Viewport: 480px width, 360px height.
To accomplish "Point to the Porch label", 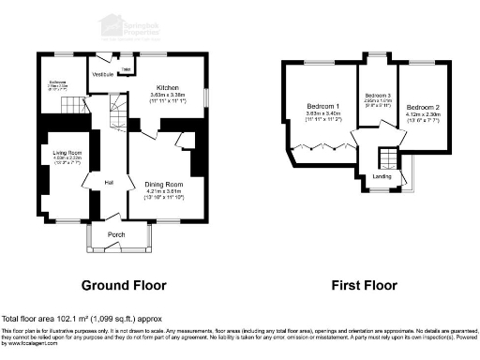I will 116,233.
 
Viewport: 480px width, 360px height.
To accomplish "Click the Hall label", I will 109,182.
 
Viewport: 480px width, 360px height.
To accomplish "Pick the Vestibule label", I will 102,73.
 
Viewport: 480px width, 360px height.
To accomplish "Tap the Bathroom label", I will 60,81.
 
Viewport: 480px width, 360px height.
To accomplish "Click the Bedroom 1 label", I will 322,107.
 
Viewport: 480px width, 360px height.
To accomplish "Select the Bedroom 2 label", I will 424,107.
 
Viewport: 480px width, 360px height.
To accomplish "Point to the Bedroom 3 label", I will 377,96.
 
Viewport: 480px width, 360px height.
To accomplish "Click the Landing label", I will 382,176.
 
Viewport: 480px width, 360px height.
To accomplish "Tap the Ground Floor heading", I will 124,285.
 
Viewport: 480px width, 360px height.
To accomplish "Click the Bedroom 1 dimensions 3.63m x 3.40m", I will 322,115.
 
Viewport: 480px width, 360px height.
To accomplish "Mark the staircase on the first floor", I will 385,157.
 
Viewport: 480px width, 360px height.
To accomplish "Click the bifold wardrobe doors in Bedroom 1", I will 319,147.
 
